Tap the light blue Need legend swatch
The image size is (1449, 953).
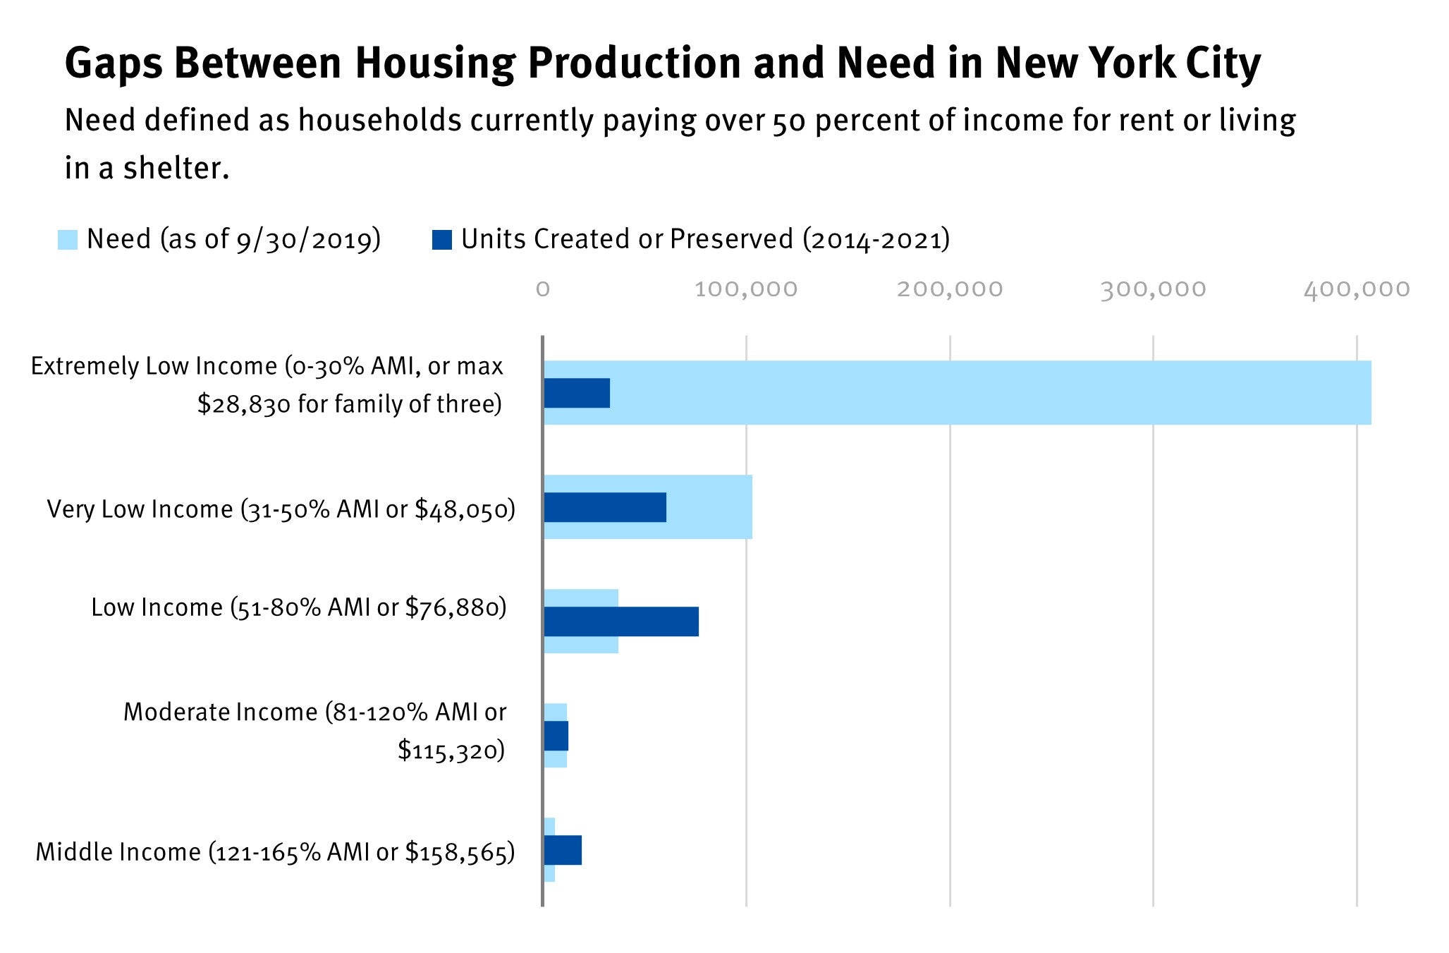click(68, 240)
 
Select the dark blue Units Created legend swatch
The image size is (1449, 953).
click(441, 240)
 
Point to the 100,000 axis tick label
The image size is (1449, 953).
click(746, 289)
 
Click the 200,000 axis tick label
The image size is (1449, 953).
click(949, 289)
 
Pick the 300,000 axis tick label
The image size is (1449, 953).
click(1153, 289)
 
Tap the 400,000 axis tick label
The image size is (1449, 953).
click(1356, 289)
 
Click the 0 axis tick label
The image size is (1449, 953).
click(542, 289)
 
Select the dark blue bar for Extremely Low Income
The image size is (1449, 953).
click(577, 393)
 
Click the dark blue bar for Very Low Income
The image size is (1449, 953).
click(605, 507)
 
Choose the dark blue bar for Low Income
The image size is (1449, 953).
click(621, 621)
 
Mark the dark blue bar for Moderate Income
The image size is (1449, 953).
click(556, 736)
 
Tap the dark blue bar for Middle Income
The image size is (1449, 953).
click(563, 850)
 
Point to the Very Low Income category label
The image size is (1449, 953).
click(281, 509)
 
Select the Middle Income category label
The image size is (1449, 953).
click(275, 852)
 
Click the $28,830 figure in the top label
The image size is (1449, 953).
click(244, 404)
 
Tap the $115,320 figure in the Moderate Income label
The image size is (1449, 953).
click(446, 750)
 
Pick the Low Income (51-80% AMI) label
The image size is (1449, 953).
click(298, 607)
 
